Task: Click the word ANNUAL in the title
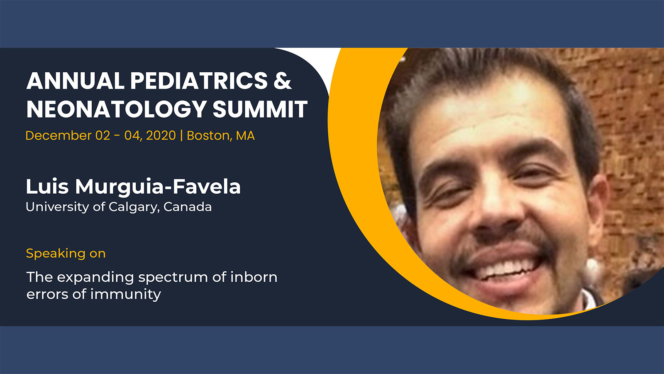75,81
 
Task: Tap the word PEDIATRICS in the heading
199,81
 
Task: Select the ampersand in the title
283,81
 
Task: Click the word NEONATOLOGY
117,109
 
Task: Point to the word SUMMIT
260,109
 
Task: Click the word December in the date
59,135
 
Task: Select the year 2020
161,135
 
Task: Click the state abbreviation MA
245,135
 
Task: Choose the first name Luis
47,187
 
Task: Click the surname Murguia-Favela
158,187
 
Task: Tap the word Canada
187,207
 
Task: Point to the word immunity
126,295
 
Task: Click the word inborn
254,277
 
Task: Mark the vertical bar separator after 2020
181,135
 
